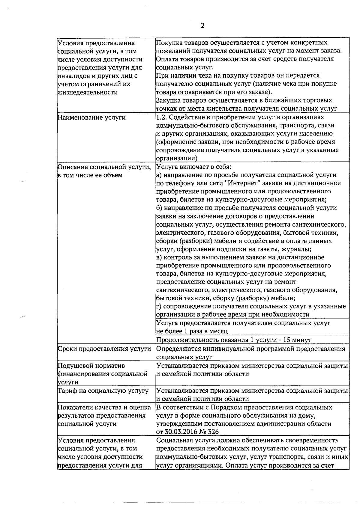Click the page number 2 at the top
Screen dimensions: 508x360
pyautogui.click(x=202, y=26)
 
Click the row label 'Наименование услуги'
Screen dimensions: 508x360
pyautogui.click(x=91, y=117)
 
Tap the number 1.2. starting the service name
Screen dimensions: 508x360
pyautogui.click(x=162, y=117)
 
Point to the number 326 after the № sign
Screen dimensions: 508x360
pyautogui.click(x=213, y=432)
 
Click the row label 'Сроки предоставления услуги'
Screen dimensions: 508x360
pyautogui.click(x=104, y=349)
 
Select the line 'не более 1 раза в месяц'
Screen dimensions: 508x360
pyautogui.click(x=192, y=331)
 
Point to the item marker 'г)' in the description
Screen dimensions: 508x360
pyautogui.click(x=159, y=306)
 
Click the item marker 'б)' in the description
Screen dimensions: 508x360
pyautogui.click(x=159, y=208)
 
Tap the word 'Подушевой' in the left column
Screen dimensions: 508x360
pyautogui.click(x=75, y=366)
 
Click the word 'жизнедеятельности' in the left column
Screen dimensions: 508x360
pyautogui.click(x=87, y=92)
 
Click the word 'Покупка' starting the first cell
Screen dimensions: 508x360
pyautogui.click(x=169, y=43)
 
